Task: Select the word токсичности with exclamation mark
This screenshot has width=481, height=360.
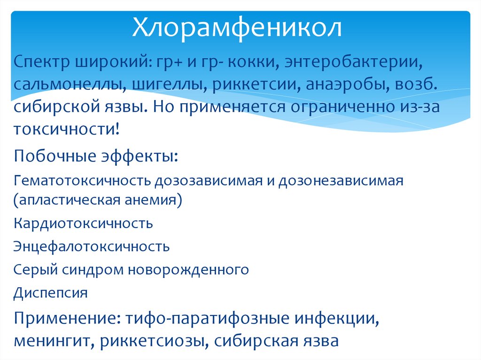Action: pos(66,129)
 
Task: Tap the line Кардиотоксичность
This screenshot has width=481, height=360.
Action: pos(83,223)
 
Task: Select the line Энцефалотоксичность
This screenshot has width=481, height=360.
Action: pos(92,246)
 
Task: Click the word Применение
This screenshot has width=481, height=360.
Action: pos(66,319)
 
